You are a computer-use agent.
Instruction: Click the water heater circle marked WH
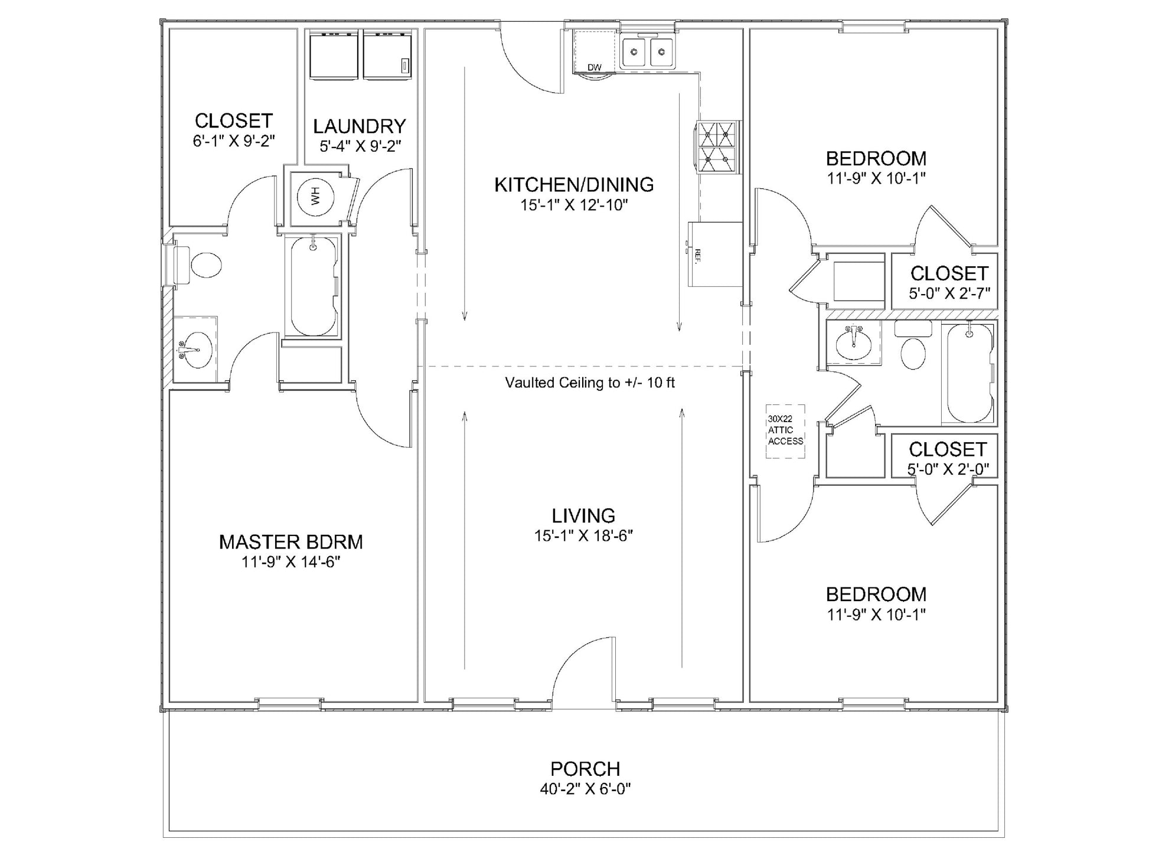[315, 195]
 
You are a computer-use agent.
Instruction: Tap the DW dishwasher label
[595, 67]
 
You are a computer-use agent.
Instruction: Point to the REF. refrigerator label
[697, 256]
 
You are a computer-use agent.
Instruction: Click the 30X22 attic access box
[785, 432]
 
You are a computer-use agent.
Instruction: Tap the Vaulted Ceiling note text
[589, 383]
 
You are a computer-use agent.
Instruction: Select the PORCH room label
[585, 769]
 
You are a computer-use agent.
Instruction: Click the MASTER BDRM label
[291, 542]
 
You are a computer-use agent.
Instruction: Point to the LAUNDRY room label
[360, 126]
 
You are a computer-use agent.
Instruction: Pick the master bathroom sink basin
[195, 350]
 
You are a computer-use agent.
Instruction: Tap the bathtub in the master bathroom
[314, 286]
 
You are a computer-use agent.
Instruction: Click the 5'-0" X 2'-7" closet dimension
[949, 293]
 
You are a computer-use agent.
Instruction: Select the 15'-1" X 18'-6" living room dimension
[584, 536]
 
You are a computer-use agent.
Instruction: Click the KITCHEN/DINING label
[574, 185]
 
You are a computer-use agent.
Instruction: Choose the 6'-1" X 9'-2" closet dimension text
[234, 141]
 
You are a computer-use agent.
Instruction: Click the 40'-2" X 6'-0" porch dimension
[585, 789]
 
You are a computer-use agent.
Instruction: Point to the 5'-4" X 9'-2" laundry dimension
[360, 146]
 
